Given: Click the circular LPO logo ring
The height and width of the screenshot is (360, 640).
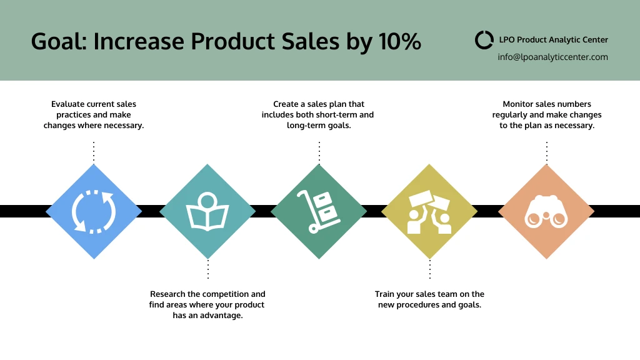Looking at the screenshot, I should click(484, 40).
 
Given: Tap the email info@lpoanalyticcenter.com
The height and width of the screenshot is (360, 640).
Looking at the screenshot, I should click(552, 57).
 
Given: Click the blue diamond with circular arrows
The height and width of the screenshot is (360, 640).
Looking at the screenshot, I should click(94, 211).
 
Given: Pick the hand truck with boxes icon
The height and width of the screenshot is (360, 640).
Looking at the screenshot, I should click(319, 211).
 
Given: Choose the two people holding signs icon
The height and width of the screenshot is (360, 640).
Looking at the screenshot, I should click(429, 212).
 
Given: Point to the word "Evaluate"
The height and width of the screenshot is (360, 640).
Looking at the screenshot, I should click(67, 104).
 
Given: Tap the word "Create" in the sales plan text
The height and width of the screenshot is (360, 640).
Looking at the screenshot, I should click(286, 104).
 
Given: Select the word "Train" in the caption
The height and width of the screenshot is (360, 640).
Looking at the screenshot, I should click(385, 294).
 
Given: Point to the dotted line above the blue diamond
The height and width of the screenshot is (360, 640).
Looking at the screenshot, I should click(94, 151).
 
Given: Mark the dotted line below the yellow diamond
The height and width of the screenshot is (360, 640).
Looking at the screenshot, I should click(429, 269).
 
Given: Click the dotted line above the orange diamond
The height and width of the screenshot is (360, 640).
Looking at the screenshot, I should click(546, 151).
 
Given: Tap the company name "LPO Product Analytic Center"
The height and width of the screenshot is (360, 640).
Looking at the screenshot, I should click(553, 39).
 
